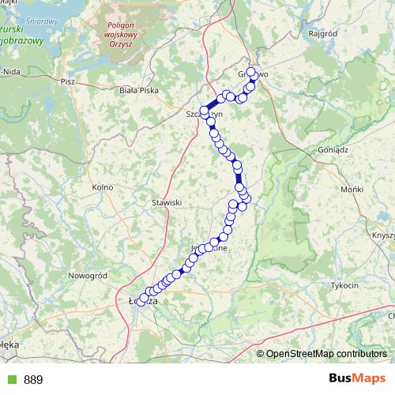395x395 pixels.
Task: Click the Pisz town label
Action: click(66, 81)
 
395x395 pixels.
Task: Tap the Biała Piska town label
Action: click(137, 91)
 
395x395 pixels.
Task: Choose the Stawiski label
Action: click(167, 202)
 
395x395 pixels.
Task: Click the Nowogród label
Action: click(87, 275)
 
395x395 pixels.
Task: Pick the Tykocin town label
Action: click(344, 284)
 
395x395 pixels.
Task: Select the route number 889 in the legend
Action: click(33, 380)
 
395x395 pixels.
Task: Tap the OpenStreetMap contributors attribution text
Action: click(327, 353)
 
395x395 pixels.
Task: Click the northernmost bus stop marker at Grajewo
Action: click(251, 72)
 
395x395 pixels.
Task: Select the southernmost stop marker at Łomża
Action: click(142, 301)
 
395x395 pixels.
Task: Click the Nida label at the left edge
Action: click(10, 71)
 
